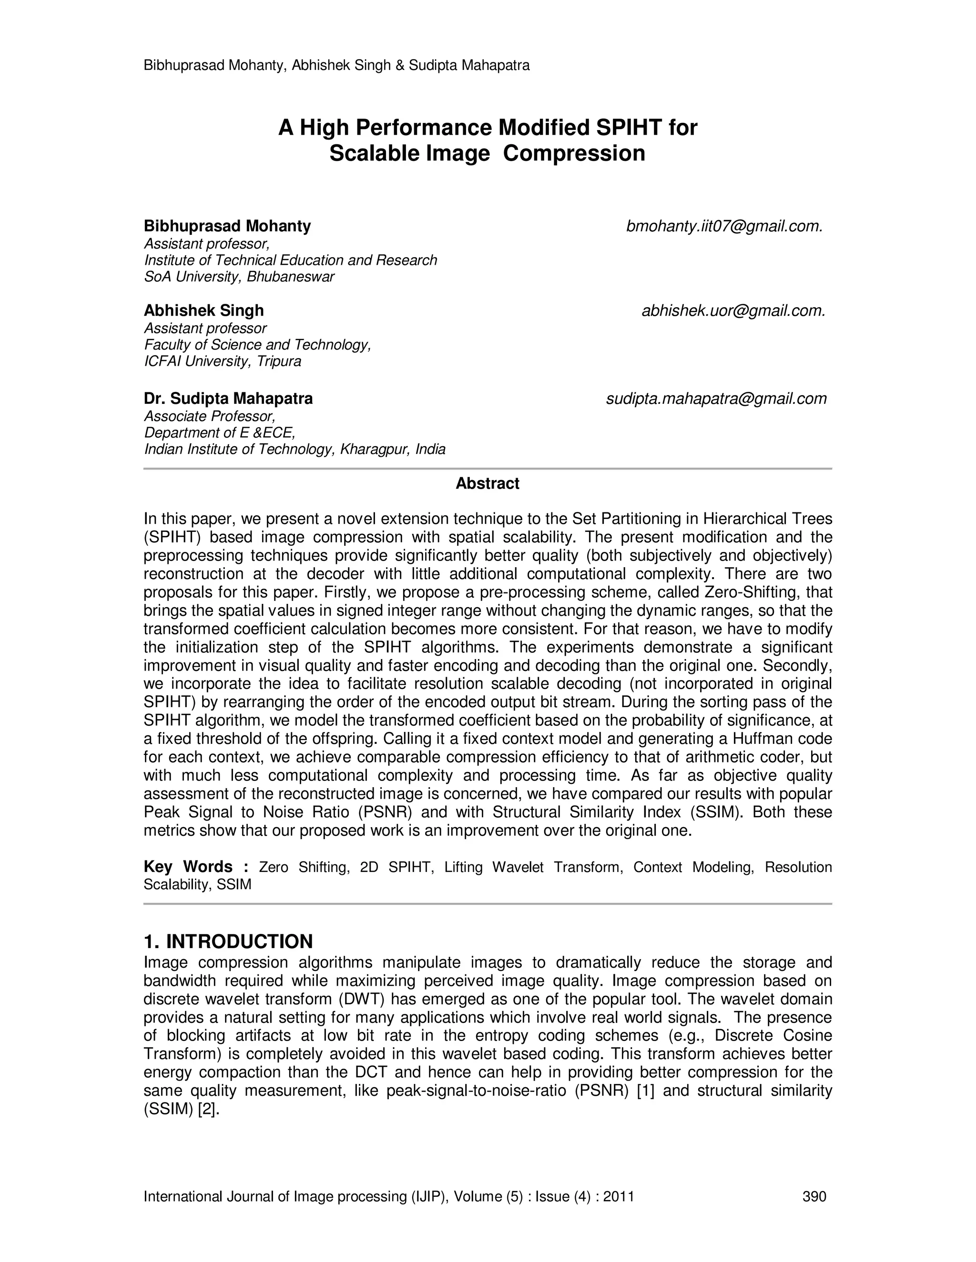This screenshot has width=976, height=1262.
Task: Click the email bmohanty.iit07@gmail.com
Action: (724, 227)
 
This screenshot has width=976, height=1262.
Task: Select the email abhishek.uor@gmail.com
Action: (733, 311)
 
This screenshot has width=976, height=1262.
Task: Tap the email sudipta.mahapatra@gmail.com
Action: (716, 399)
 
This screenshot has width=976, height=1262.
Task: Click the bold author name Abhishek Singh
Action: (203, 311)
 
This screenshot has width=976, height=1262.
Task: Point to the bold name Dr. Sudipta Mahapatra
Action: (228, 399)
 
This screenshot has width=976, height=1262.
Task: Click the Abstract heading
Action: (487, 484)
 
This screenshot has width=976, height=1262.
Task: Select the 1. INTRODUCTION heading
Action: (228, 941)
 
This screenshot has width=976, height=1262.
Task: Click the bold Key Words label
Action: (195, 867)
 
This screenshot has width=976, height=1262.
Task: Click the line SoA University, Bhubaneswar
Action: (239, 277)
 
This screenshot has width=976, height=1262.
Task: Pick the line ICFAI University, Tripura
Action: (222, 362)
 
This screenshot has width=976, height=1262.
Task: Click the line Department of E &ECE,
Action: (219, 433)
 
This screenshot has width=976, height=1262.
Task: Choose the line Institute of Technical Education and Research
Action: (290, 260)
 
